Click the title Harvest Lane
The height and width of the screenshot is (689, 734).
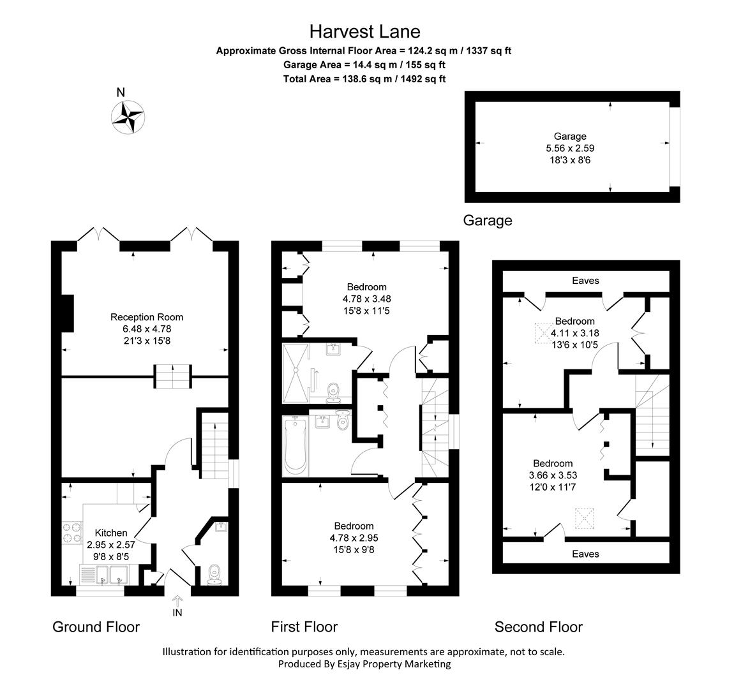coord(364,31)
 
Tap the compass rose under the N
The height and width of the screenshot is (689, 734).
coord(128,117)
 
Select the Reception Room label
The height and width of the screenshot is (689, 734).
coord(147,317)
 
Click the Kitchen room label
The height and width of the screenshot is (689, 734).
coord(111,533)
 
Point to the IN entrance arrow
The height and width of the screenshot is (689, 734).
coord(177,602)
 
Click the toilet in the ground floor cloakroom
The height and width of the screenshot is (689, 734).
coord(214,574)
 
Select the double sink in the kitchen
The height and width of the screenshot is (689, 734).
coord(110,575)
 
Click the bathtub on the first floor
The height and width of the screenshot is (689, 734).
coord(296,446)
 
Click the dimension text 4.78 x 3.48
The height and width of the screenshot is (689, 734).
coord(366,299)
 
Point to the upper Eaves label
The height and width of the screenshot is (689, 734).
coord(585,280)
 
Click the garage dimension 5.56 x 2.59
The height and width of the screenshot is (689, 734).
coord(569,148)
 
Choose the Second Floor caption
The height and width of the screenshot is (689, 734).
coord(538,627)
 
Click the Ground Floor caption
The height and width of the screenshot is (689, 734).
coord(96,627)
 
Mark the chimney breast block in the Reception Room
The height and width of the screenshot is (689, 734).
coord(68,313)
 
